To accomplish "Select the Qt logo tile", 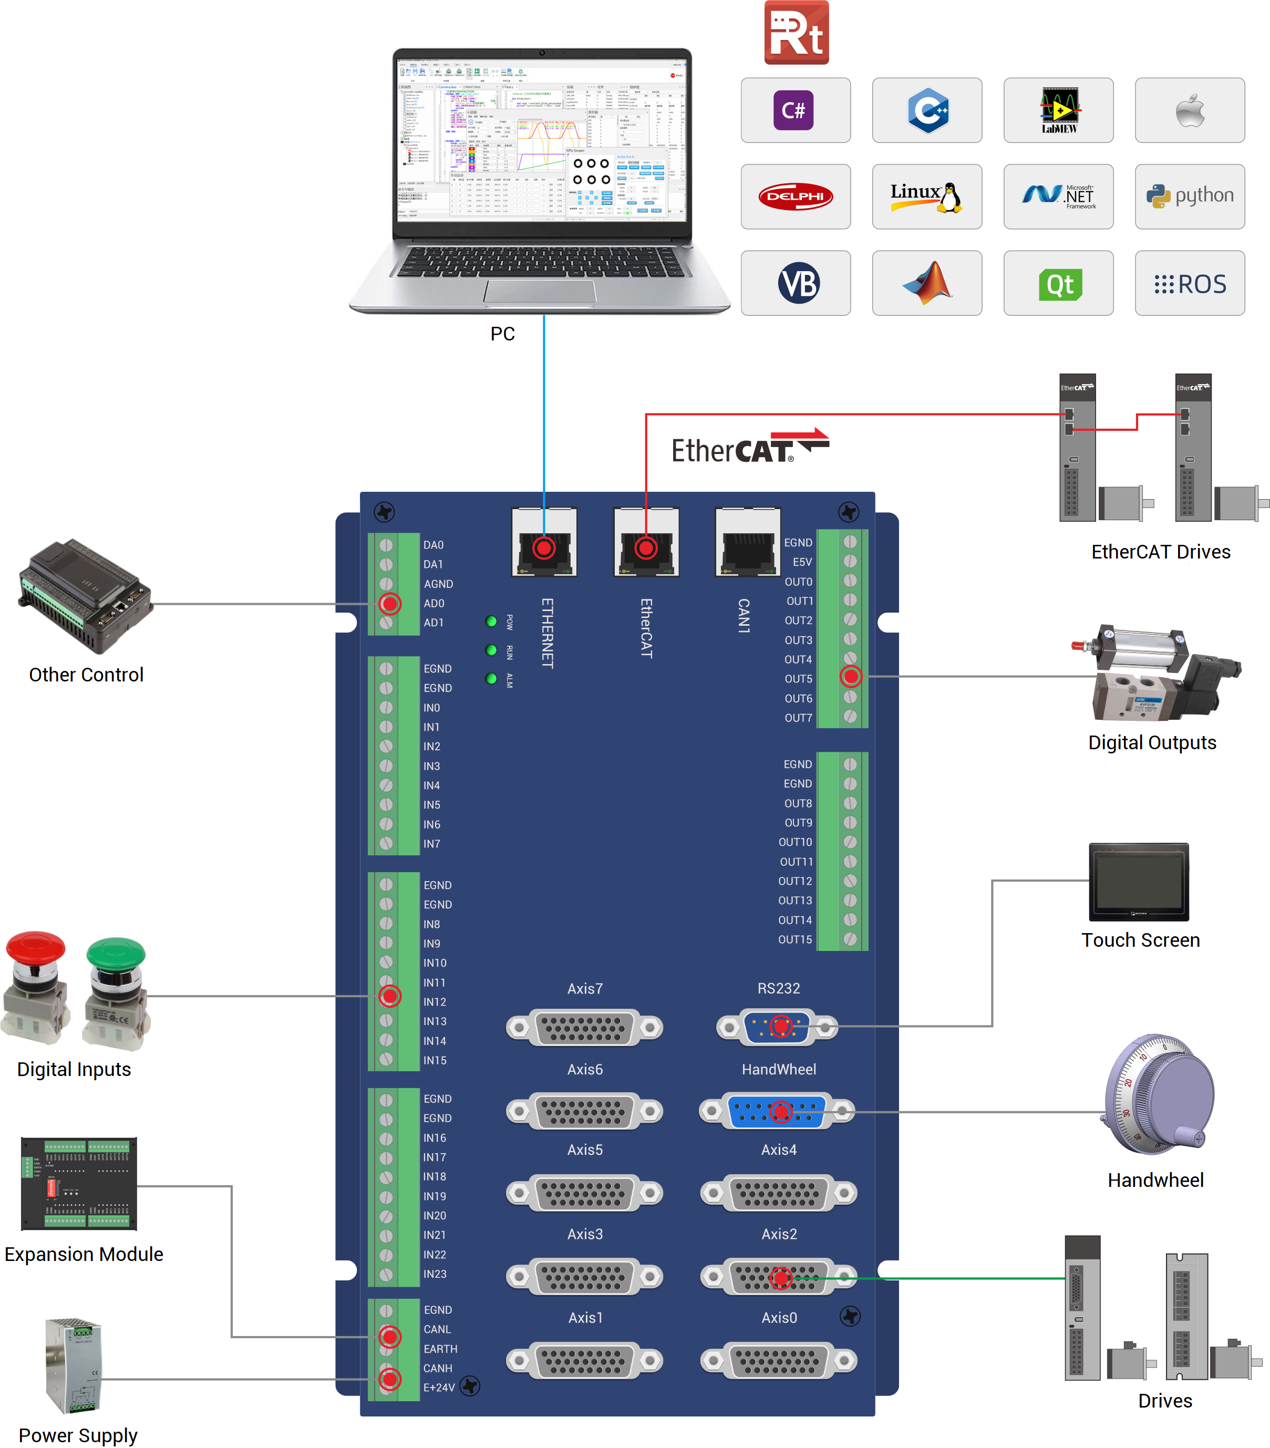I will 1058,283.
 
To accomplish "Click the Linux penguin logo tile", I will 926,196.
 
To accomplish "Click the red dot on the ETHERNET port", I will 544,547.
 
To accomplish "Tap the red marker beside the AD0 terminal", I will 389,604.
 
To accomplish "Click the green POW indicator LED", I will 491,621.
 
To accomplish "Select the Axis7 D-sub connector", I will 584,1027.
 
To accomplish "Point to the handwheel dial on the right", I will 1160,1094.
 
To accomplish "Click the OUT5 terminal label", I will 798,679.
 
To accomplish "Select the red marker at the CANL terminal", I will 389,1337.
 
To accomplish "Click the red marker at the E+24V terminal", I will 389,1379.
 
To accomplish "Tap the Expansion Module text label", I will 84,1254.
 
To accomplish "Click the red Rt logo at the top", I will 796,33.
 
